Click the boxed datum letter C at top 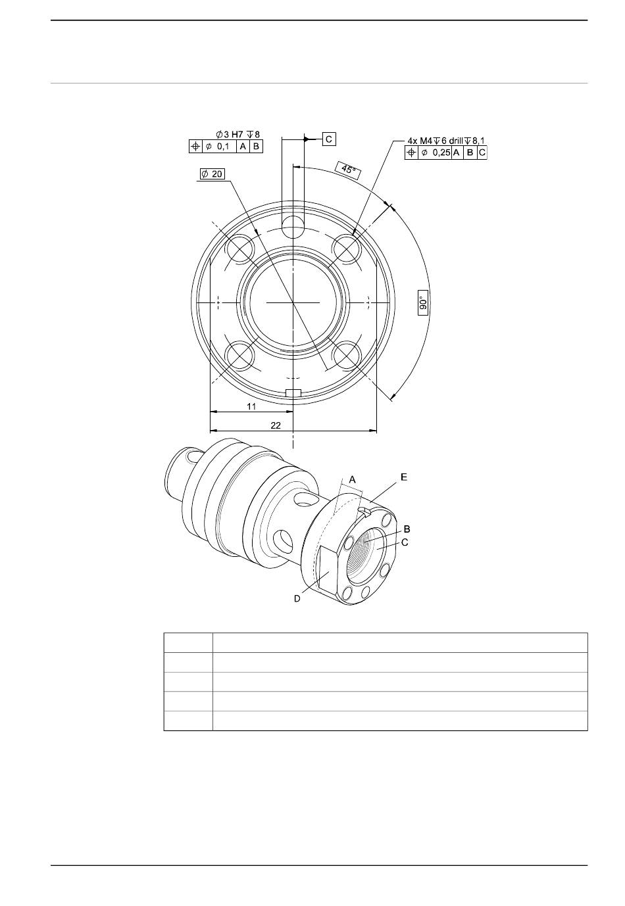click(x=328, y=139)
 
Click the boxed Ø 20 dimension click(x=212, y=174)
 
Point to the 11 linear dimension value click(x=251, y=406)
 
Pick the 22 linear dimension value click(x=275, y=425)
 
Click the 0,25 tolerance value click(x=441, y=153)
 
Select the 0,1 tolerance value click(x=223, y=146)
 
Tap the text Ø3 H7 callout click(x=228, y=134)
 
